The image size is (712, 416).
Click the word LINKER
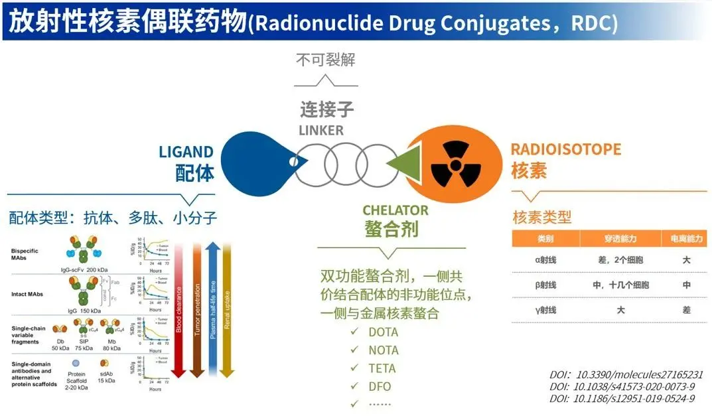(321, 130)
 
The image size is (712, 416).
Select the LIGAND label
(186, 152)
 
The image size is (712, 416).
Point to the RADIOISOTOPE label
(565, 149)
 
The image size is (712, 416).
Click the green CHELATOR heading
(395, 210)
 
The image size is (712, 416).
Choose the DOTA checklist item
(383, 332)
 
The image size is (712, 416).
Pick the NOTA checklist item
(383, 350)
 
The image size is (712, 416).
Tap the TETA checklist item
(382, 368)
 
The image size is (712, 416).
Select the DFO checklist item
(380, 386)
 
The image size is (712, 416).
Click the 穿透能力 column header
(620, 238)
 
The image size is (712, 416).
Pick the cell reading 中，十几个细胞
(620, 285)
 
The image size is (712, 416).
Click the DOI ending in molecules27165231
(626, 374)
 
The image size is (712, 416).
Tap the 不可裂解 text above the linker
(325, 60)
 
